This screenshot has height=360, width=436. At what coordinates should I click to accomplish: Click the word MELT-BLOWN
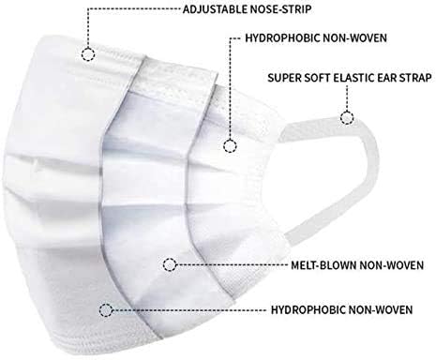323,265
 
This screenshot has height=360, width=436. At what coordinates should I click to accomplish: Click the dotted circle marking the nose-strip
88,54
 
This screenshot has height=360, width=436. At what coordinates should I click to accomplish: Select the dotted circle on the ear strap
347,118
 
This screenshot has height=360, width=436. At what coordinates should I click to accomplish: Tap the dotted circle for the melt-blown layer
170,265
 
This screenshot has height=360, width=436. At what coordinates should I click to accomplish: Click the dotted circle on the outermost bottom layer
106,310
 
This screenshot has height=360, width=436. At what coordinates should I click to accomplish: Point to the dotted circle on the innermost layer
230,146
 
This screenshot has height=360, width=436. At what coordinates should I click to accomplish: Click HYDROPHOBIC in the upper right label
282,37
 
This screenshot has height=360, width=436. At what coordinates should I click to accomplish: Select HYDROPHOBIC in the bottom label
308,309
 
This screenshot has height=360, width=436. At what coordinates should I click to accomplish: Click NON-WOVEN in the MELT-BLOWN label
392,265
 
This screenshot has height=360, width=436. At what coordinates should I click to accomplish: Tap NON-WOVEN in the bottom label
381,309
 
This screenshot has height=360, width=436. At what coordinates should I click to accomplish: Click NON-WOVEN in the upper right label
354,37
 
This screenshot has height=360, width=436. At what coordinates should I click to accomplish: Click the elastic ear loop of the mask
372,175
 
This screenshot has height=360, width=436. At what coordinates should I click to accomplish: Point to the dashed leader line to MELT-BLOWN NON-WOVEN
233,265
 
